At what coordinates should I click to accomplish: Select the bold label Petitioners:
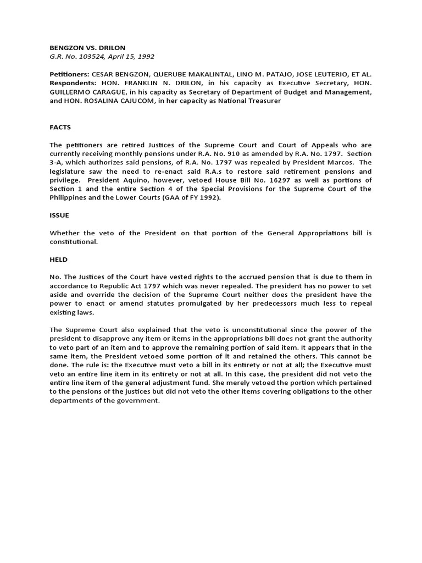69,74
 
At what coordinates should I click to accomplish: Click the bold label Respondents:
71,84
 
